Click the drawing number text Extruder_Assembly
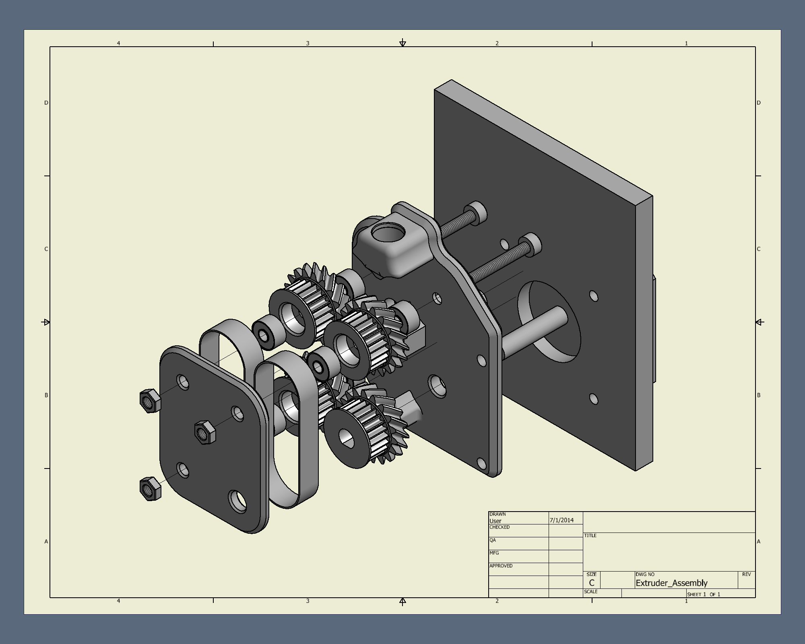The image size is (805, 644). pyautogui.click(x=671, y=583)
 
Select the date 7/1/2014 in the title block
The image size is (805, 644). pyautogui.click(x=561, y=520)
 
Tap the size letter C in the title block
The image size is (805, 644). pyautogui.click(x=591, y=583)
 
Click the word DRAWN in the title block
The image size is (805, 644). pyautogui.click(x=497, y=514)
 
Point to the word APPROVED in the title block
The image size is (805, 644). pyautogui.click(x=501, y=566)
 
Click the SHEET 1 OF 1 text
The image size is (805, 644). pyautogui.click(x=704, y=594)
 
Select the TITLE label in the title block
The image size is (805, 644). pyautogui.click(x=590, y=535)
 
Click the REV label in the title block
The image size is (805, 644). pyautogui.click(x=746, y=574)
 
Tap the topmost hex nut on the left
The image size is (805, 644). pyautogui.click(x=150, y=400)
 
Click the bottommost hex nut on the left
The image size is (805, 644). pyautogui.click(x=150, y=489)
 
